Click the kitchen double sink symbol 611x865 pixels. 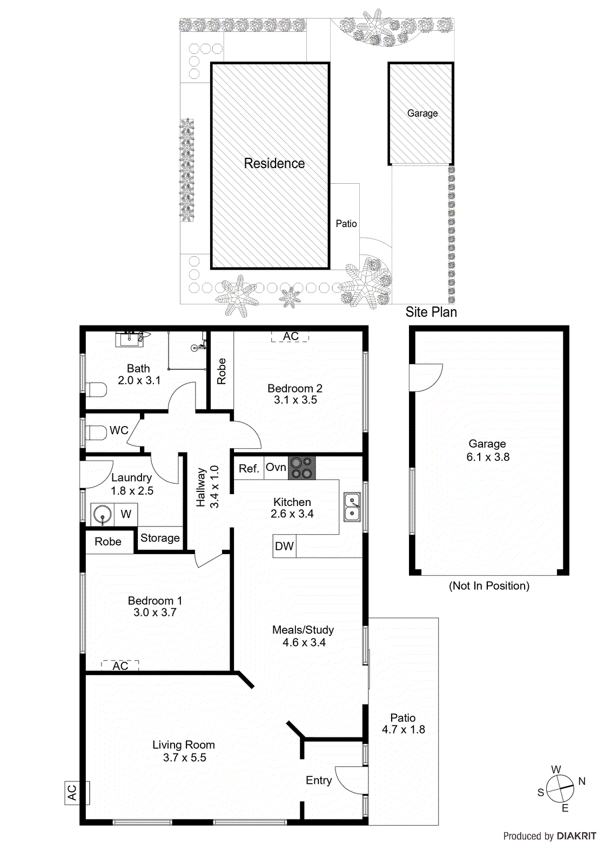(352, 507)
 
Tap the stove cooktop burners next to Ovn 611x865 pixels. (301, 468)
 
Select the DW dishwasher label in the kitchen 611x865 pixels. (284, 546)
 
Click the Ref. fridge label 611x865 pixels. (249, 469)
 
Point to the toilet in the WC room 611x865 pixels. (97, 432)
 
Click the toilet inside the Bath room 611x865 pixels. (97, 389)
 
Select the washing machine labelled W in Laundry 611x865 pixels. (126, 514)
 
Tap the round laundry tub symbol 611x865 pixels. (102, 514)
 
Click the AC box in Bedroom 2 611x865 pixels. (290, 336)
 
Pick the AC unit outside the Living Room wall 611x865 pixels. (72, 793)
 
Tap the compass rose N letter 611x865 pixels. (582, 781)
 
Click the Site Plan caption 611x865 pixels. (431, 312)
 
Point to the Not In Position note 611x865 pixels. (489, 585)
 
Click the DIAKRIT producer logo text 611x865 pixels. (576, 836)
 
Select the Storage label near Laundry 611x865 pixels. (160, 538)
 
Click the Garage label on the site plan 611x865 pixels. (422, 113)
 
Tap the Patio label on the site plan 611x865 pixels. (346, 223)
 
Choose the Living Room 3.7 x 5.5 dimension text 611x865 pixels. (185, 757)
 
